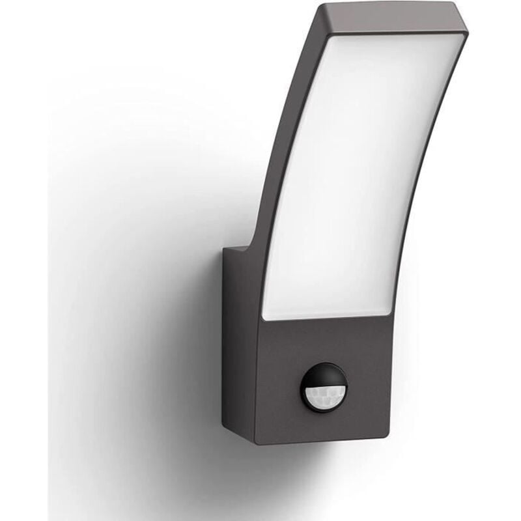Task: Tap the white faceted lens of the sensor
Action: tap(324, 394)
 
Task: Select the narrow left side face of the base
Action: tap(240, 339)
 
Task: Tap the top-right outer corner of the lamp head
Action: tap(470, 26)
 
